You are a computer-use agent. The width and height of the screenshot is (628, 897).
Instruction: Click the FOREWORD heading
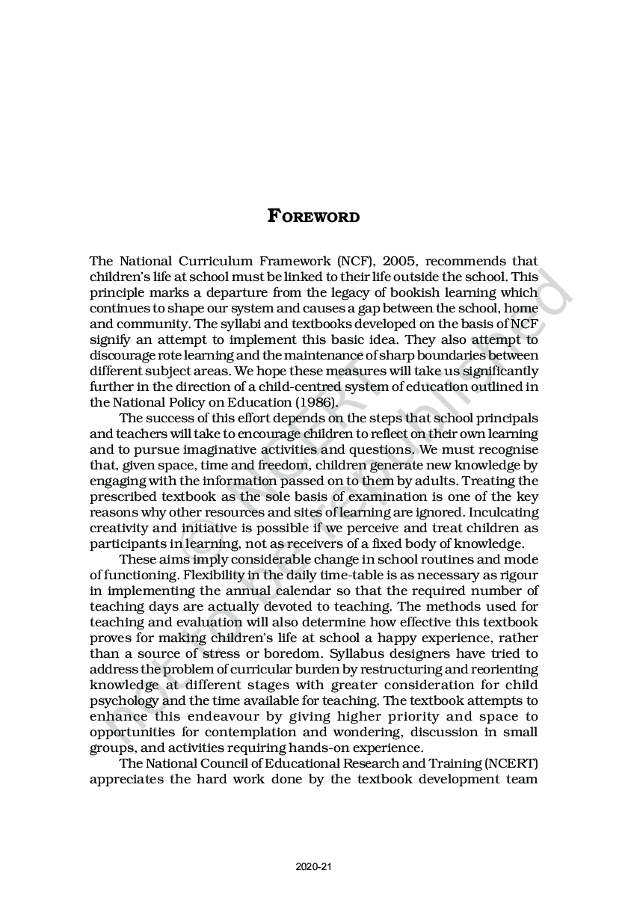click(x=313, y=217)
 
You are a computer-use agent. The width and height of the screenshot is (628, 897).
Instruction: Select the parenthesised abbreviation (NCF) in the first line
click(x=355, y=261)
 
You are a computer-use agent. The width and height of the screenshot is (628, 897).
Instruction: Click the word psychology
click(x=123, y=700)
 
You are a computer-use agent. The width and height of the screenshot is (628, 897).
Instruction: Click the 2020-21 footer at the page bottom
click(x=313, y=866)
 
